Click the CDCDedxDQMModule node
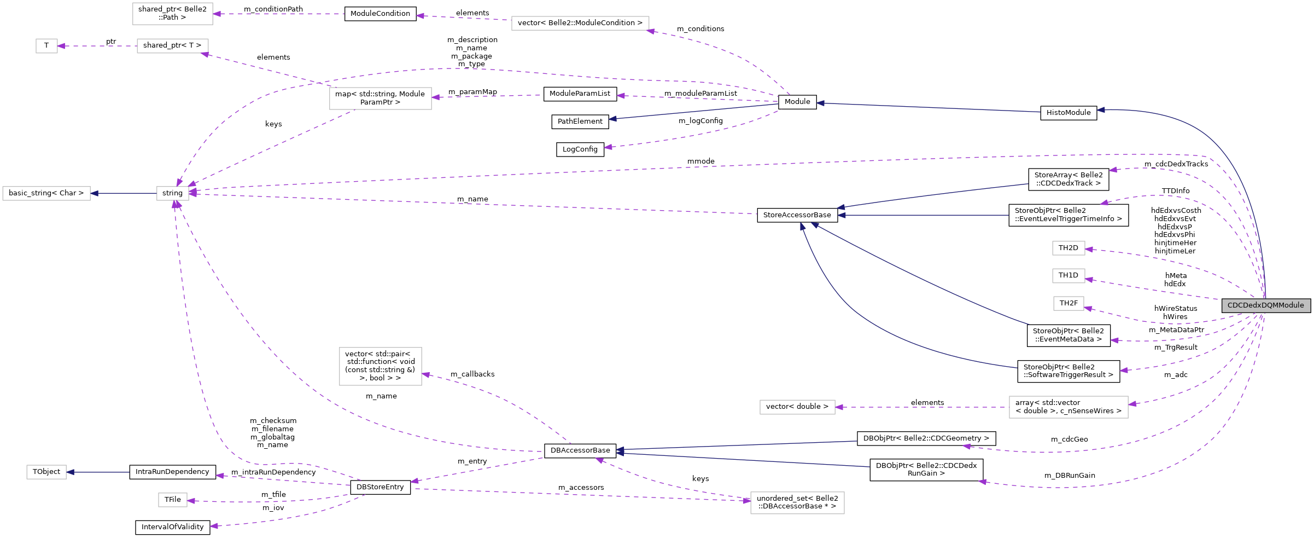tap(1266, 305)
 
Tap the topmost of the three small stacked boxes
tap(1068, 248)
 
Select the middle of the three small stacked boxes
tap(1068, 276)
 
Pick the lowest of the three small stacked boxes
tap(1068, 303)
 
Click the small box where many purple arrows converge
tap(173, 193)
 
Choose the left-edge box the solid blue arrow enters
tap(46, 193)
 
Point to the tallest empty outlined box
tap(381, 366)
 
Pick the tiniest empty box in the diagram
tap(46, 46)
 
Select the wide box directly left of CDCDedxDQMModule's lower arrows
tap(1068, 407)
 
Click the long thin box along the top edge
tap(580, 23)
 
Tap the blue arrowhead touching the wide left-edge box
tap(95, 193)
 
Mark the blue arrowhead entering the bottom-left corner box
tap(71, 472)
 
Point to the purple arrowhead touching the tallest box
tap(426, 375)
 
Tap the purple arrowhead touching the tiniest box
tap(61, 46)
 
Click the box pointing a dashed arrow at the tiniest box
tap(173, 46)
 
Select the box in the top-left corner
tap(173, 14)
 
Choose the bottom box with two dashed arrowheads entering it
tap(797, 503)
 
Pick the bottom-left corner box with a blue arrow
tap(46, 472)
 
